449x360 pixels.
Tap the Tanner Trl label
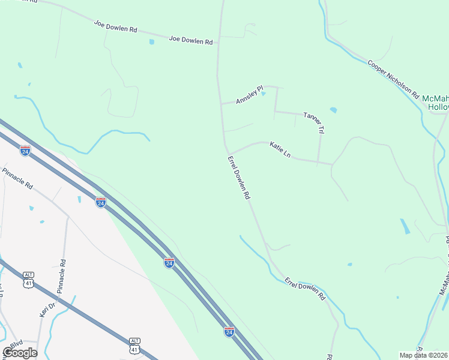click(x=314, y=122)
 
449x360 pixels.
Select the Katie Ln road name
click(x=280, y=149)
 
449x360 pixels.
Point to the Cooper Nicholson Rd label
click(x=393, y=79)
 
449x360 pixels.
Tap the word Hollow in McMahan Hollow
click(x=439, y=107)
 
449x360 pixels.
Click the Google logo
click(x=20, y=353)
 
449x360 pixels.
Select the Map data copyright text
click(x=424, y=355)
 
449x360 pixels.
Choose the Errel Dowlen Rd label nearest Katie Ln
click(x=239, y=178)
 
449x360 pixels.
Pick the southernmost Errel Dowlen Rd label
click(x=305, y=289)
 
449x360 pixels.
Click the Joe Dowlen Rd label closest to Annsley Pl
click(x=191, y=41)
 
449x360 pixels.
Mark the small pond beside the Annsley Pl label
click(x=263, y=94)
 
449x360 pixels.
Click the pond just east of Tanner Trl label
click(x=333, y=110)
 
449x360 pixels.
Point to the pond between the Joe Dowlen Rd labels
click(x=151, y=42)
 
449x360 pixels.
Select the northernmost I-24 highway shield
click(x=25, y=150)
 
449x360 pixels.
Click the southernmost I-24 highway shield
click(x=229, y=331)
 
